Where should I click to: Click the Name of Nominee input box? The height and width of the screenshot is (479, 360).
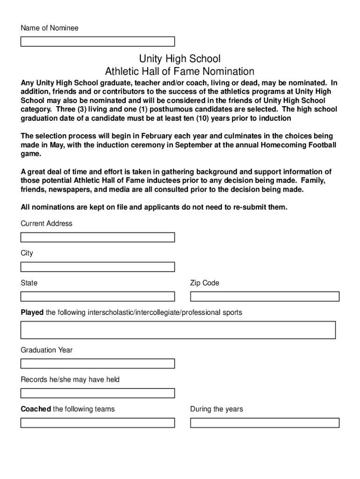[98, 42]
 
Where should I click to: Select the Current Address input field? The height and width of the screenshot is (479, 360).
[98, 238]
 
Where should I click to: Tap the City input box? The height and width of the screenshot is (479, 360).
[98, 267]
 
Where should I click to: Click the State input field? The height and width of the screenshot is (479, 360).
[98, 297]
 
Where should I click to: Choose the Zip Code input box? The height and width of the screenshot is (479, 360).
[265, 297]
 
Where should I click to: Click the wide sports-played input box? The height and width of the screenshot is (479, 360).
[178, 330]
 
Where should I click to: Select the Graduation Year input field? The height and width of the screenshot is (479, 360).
[98, 363]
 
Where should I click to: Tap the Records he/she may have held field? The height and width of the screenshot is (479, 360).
[98, 393]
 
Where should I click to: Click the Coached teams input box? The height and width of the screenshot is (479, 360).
[98, 423]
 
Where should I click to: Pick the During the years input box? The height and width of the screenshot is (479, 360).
[265, 423]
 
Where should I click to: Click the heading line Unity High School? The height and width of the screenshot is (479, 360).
[180, 59]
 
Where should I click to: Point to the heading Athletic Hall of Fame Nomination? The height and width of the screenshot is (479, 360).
[180, 72]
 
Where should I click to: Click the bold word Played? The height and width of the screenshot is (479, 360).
[32, 312]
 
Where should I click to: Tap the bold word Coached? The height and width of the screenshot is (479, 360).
[36, 409]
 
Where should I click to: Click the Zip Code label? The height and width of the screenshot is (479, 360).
[204, 283]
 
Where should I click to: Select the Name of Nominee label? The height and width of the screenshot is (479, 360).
[50, 28]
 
